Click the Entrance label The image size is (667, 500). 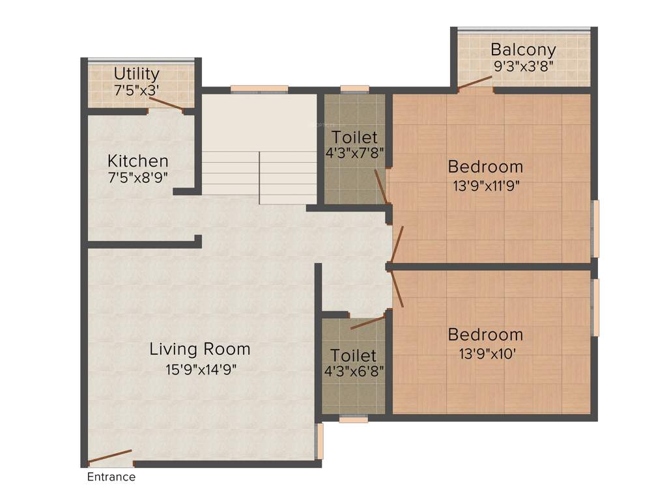[x=111, y=477]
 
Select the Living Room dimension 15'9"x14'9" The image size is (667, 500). [x=200, y=369]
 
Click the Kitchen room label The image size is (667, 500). [x=138, y=161]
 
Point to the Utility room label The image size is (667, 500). [x=136, y=73]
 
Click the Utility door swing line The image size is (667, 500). [x=165, y=103]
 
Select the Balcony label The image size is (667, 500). [x=523, y=49]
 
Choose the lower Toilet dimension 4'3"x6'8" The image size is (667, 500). [x=354, y=372]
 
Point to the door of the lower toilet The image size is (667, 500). [x=367, y=324]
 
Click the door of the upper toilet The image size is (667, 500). [x=381, y=187]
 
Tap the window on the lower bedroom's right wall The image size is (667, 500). [x=595, y=307]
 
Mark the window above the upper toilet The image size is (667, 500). [x=354, y=89]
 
